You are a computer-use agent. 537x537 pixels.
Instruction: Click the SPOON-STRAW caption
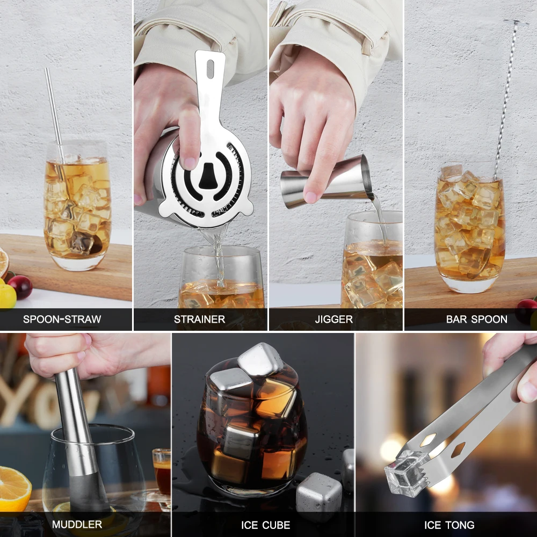tap(62, 319)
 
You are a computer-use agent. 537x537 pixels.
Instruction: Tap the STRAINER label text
tap(199, 319)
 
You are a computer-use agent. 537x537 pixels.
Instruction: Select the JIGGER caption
tap(334, 319)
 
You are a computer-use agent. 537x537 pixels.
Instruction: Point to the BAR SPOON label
tap(476, 319)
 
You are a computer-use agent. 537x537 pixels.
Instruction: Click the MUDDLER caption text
tap(77, 524)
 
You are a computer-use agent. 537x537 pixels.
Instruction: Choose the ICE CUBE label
tap(263, 525)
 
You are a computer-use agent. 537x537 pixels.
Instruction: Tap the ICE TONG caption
tap(449, 525)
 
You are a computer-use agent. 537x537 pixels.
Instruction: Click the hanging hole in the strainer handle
tap(210, 67)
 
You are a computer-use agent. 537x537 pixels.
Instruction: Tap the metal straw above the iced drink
tap(54, 107)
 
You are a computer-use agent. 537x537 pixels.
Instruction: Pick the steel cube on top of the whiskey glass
tap(260, 358)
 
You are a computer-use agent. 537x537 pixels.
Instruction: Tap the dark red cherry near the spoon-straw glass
tap(20, 287)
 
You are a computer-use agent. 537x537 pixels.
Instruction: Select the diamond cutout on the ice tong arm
tap(458, 449)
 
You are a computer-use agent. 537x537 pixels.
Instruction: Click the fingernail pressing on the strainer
tap(190, 161)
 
